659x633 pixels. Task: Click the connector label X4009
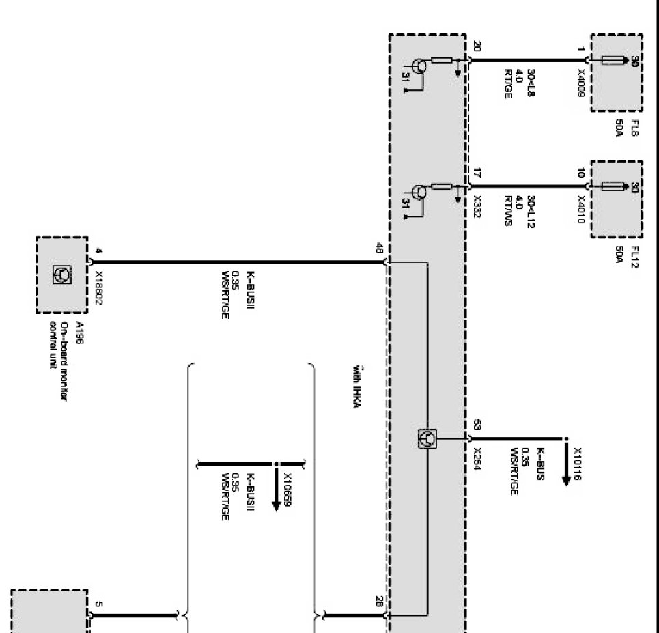click(580, 81)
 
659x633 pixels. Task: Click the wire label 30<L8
click(531, 83)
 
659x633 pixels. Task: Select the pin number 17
click(477, 173)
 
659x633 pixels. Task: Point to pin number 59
click(477, 427)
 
